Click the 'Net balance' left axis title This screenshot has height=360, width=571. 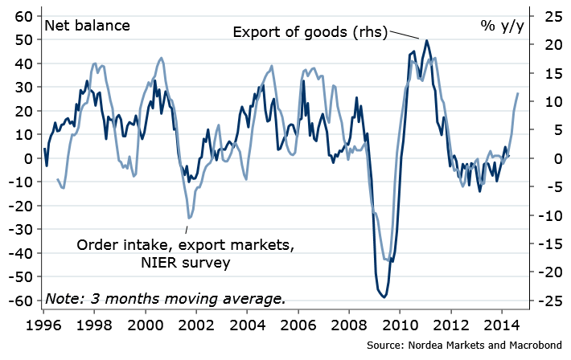point(88,25)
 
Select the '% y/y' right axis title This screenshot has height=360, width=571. point(503,25)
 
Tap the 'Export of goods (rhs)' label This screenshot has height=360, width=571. point(310,32)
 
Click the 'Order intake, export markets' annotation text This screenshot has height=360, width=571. point(186,244)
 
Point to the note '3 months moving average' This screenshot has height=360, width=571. point(165,298)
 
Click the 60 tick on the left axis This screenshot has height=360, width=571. point(24,16)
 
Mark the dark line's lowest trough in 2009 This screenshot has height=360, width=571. point(385,297)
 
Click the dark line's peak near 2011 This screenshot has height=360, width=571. point(426,40)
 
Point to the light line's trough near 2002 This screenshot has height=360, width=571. point(190,218)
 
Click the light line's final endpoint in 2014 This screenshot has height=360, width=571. point(518,94)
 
